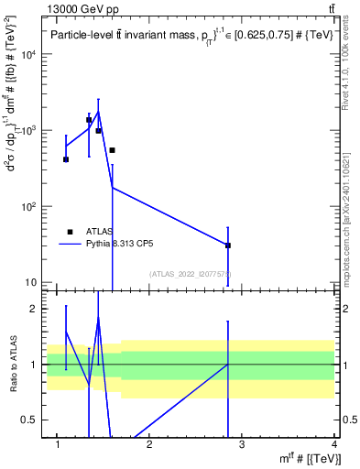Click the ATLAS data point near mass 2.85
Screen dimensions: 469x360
point(228,245)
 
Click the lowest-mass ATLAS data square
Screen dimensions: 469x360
point(66,159)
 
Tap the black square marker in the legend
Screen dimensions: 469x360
point(71,232)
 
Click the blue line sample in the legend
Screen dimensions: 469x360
point(71,245)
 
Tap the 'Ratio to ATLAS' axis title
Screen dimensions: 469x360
point(12,365)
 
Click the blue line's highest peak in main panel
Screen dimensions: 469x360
point(98,112)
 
